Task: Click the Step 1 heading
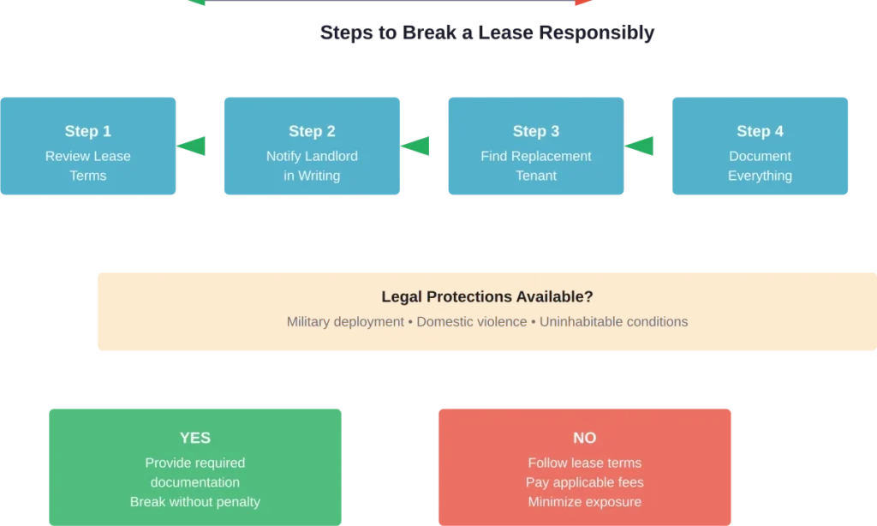(x=88, y=131)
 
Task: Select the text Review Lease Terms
(x=88, y=165)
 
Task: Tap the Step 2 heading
(x=312, y=131)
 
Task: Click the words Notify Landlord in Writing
(x=312, y=165)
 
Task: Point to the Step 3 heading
(x=536, y=131)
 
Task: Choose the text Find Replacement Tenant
(x=536, y=165)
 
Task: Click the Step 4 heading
(x=760, y=131)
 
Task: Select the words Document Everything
(x=760, y=165)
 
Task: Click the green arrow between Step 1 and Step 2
(x=194, y=146)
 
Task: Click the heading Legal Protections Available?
(x=486, y=297)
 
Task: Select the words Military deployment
(x=345, y=322)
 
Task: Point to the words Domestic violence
(x=472, y=322)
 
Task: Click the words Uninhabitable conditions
(x=613, y=322)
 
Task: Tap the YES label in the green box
(x=195, y=438)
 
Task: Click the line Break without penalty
(x=195, y=502)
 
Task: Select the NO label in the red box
(x=585, y=438)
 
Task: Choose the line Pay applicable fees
(x=585, y=482)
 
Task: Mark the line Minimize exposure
(x=585, y=502)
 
